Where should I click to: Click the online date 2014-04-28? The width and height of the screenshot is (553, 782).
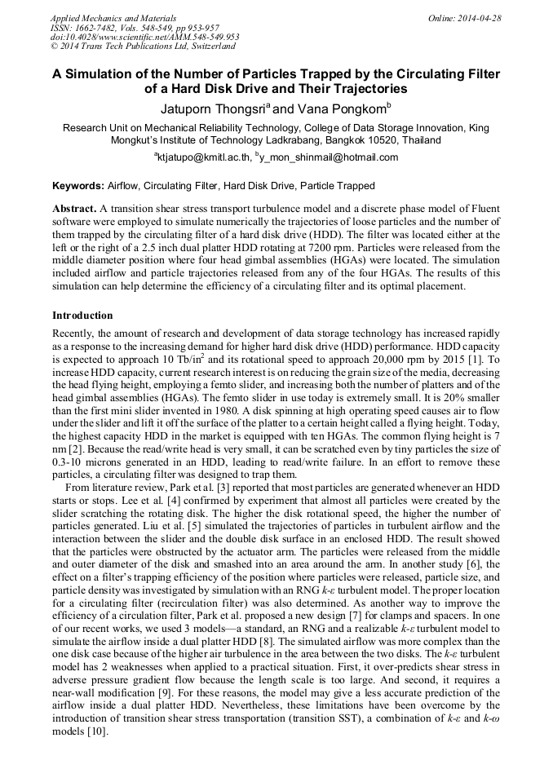[x=479, y=18]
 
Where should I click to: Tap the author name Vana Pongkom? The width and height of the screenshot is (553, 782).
[x=334, y=108]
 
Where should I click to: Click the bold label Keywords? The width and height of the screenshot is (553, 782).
[x=78, y=186]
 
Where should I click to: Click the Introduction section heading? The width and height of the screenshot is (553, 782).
[x=82, y=316]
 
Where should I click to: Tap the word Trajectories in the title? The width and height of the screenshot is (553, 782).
[x=369, y=88]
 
